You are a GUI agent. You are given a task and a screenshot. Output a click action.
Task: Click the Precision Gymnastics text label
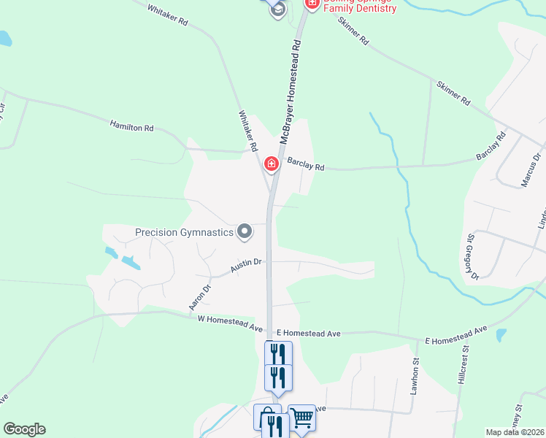pyautogui.click(x=184, y=233)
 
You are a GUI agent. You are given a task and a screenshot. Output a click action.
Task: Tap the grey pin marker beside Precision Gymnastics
pyautogui.click(x=245, y=232)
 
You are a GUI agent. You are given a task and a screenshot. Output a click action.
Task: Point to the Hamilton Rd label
pyautogui.click(x=131, y=126)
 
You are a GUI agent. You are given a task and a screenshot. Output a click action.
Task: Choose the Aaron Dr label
pyautogui.click(x=199, y=297)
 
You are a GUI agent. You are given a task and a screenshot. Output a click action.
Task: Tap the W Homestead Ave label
pyautogui.click(x=230, y=324)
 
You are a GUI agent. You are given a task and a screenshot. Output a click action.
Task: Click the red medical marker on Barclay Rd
pyautogui.click(x=272, y=164)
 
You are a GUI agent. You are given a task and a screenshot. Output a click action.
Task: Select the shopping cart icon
pyautogui.click(x=301, y=418)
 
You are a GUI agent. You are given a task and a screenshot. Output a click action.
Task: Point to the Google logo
pyautogui.click(x=24, y=429)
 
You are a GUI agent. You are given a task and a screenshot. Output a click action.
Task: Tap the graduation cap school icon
pyautogui.click(x=277, y=9)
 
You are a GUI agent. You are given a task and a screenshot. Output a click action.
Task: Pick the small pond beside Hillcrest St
pyautogui.click(x=501, y=335)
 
